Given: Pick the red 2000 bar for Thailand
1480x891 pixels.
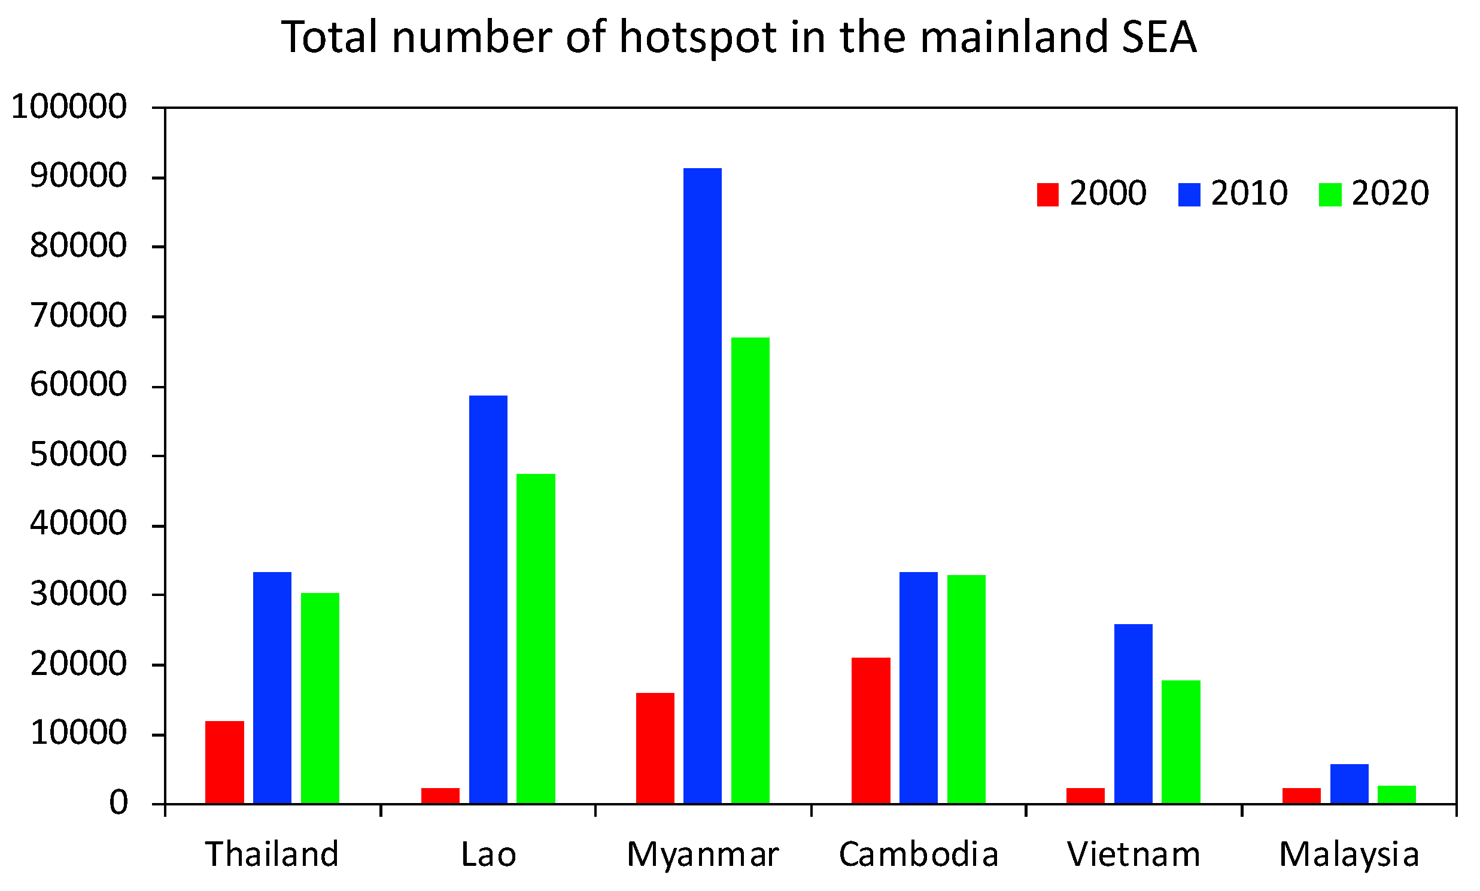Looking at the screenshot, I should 224,762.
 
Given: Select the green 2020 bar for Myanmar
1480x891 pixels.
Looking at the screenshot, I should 750,570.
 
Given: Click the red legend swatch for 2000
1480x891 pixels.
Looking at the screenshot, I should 1047,194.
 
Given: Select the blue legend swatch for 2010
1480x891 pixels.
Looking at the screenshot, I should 1189,194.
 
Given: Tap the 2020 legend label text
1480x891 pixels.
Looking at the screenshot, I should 1390,193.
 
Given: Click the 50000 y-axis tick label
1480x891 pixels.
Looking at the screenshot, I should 78,455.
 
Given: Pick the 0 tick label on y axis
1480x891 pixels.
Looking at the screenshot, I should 118,803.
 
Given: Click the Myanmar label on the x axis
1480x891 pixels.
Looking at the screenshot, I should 703,855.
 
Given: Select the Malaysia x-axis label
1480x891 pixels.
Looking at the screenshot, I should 1348,855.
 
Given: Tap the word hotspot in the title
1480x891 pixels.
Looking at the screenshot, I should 698,37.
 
